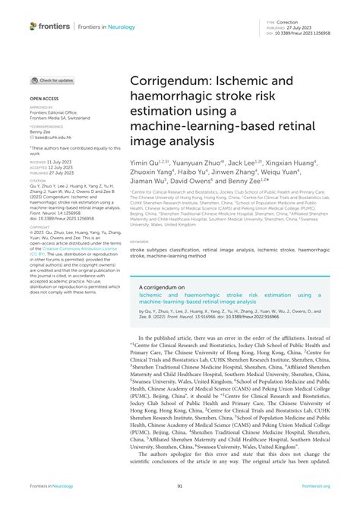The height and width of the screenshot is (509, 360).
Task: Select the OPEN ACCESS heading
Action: pos(43,100)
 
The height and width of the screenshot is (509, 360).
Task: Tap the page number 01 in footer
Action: pos(180,486)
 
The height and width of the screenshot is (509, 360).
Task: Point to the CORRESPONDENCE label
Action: pos(46,125)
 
